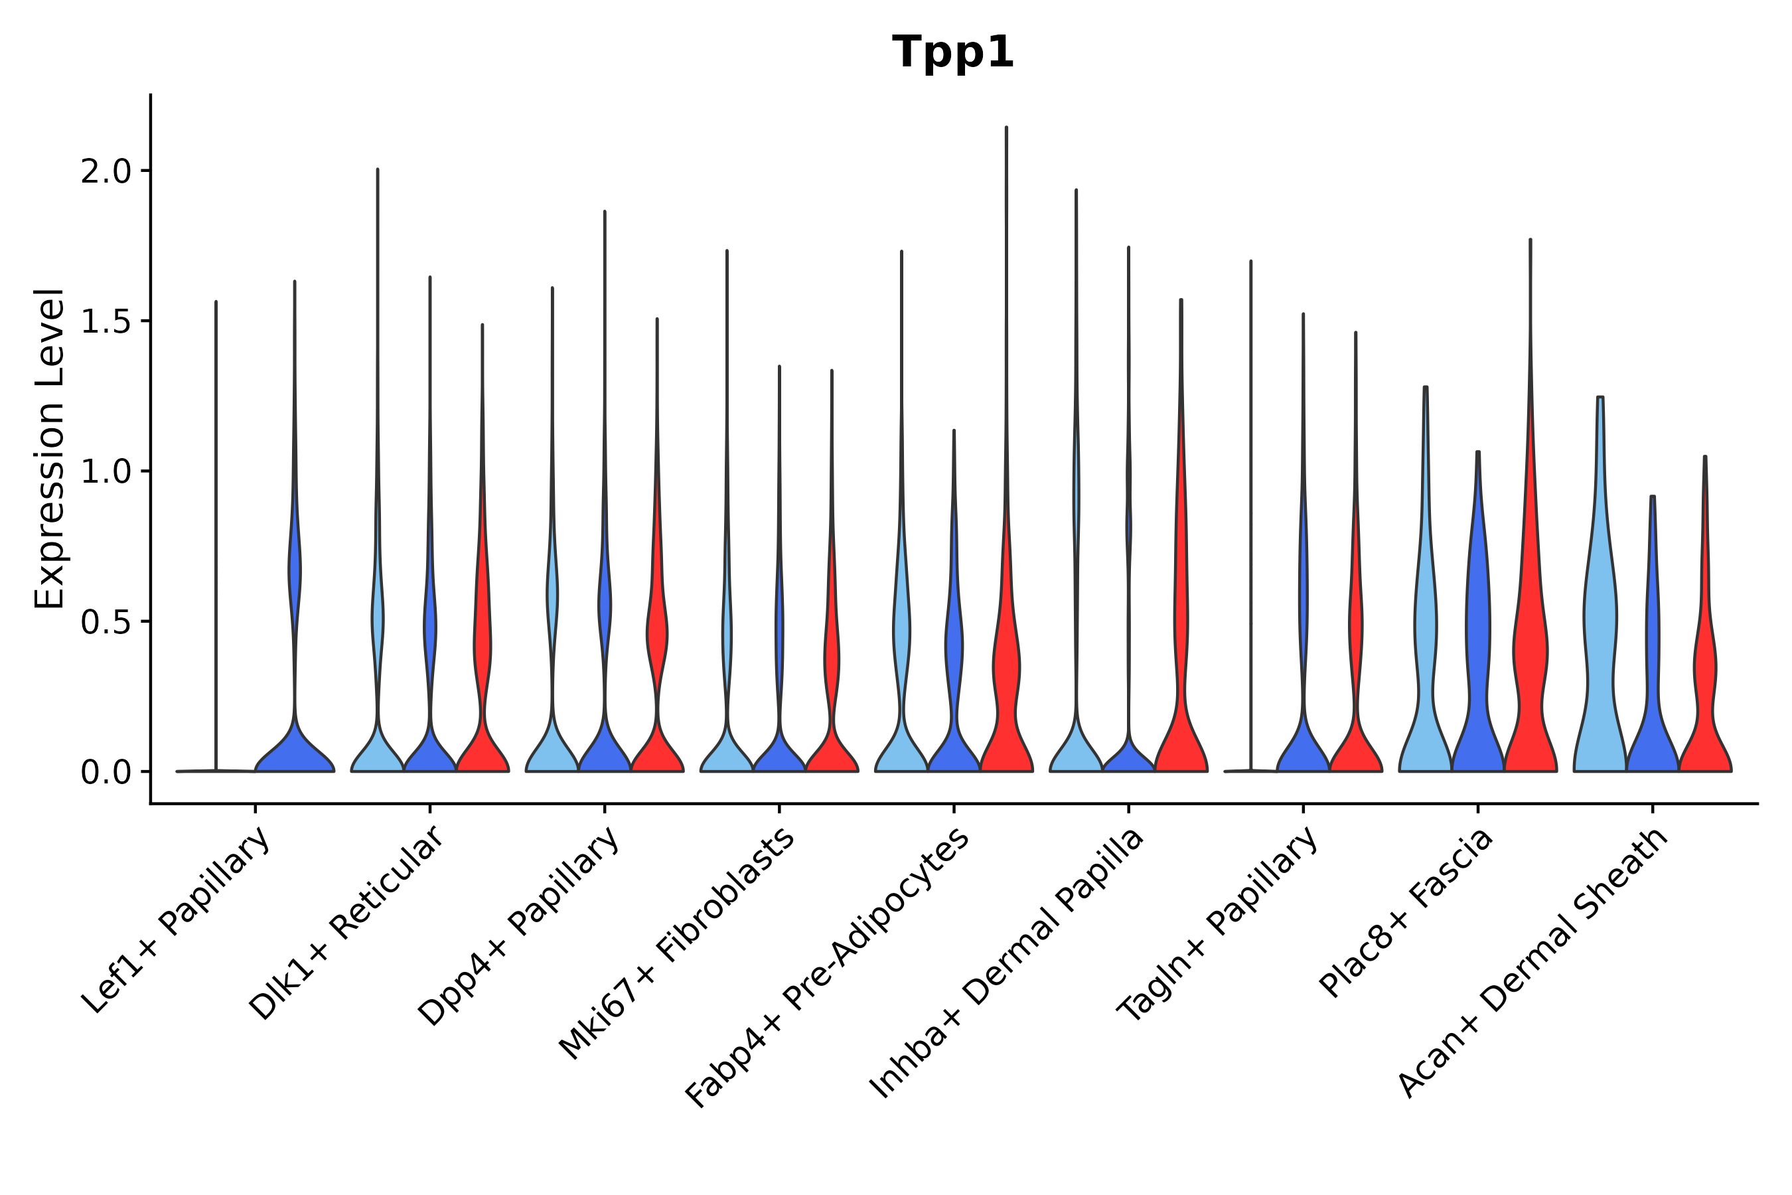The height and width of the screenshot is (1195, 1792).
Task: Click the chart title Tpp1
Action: pyautogui.click(x=952, y=53)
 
